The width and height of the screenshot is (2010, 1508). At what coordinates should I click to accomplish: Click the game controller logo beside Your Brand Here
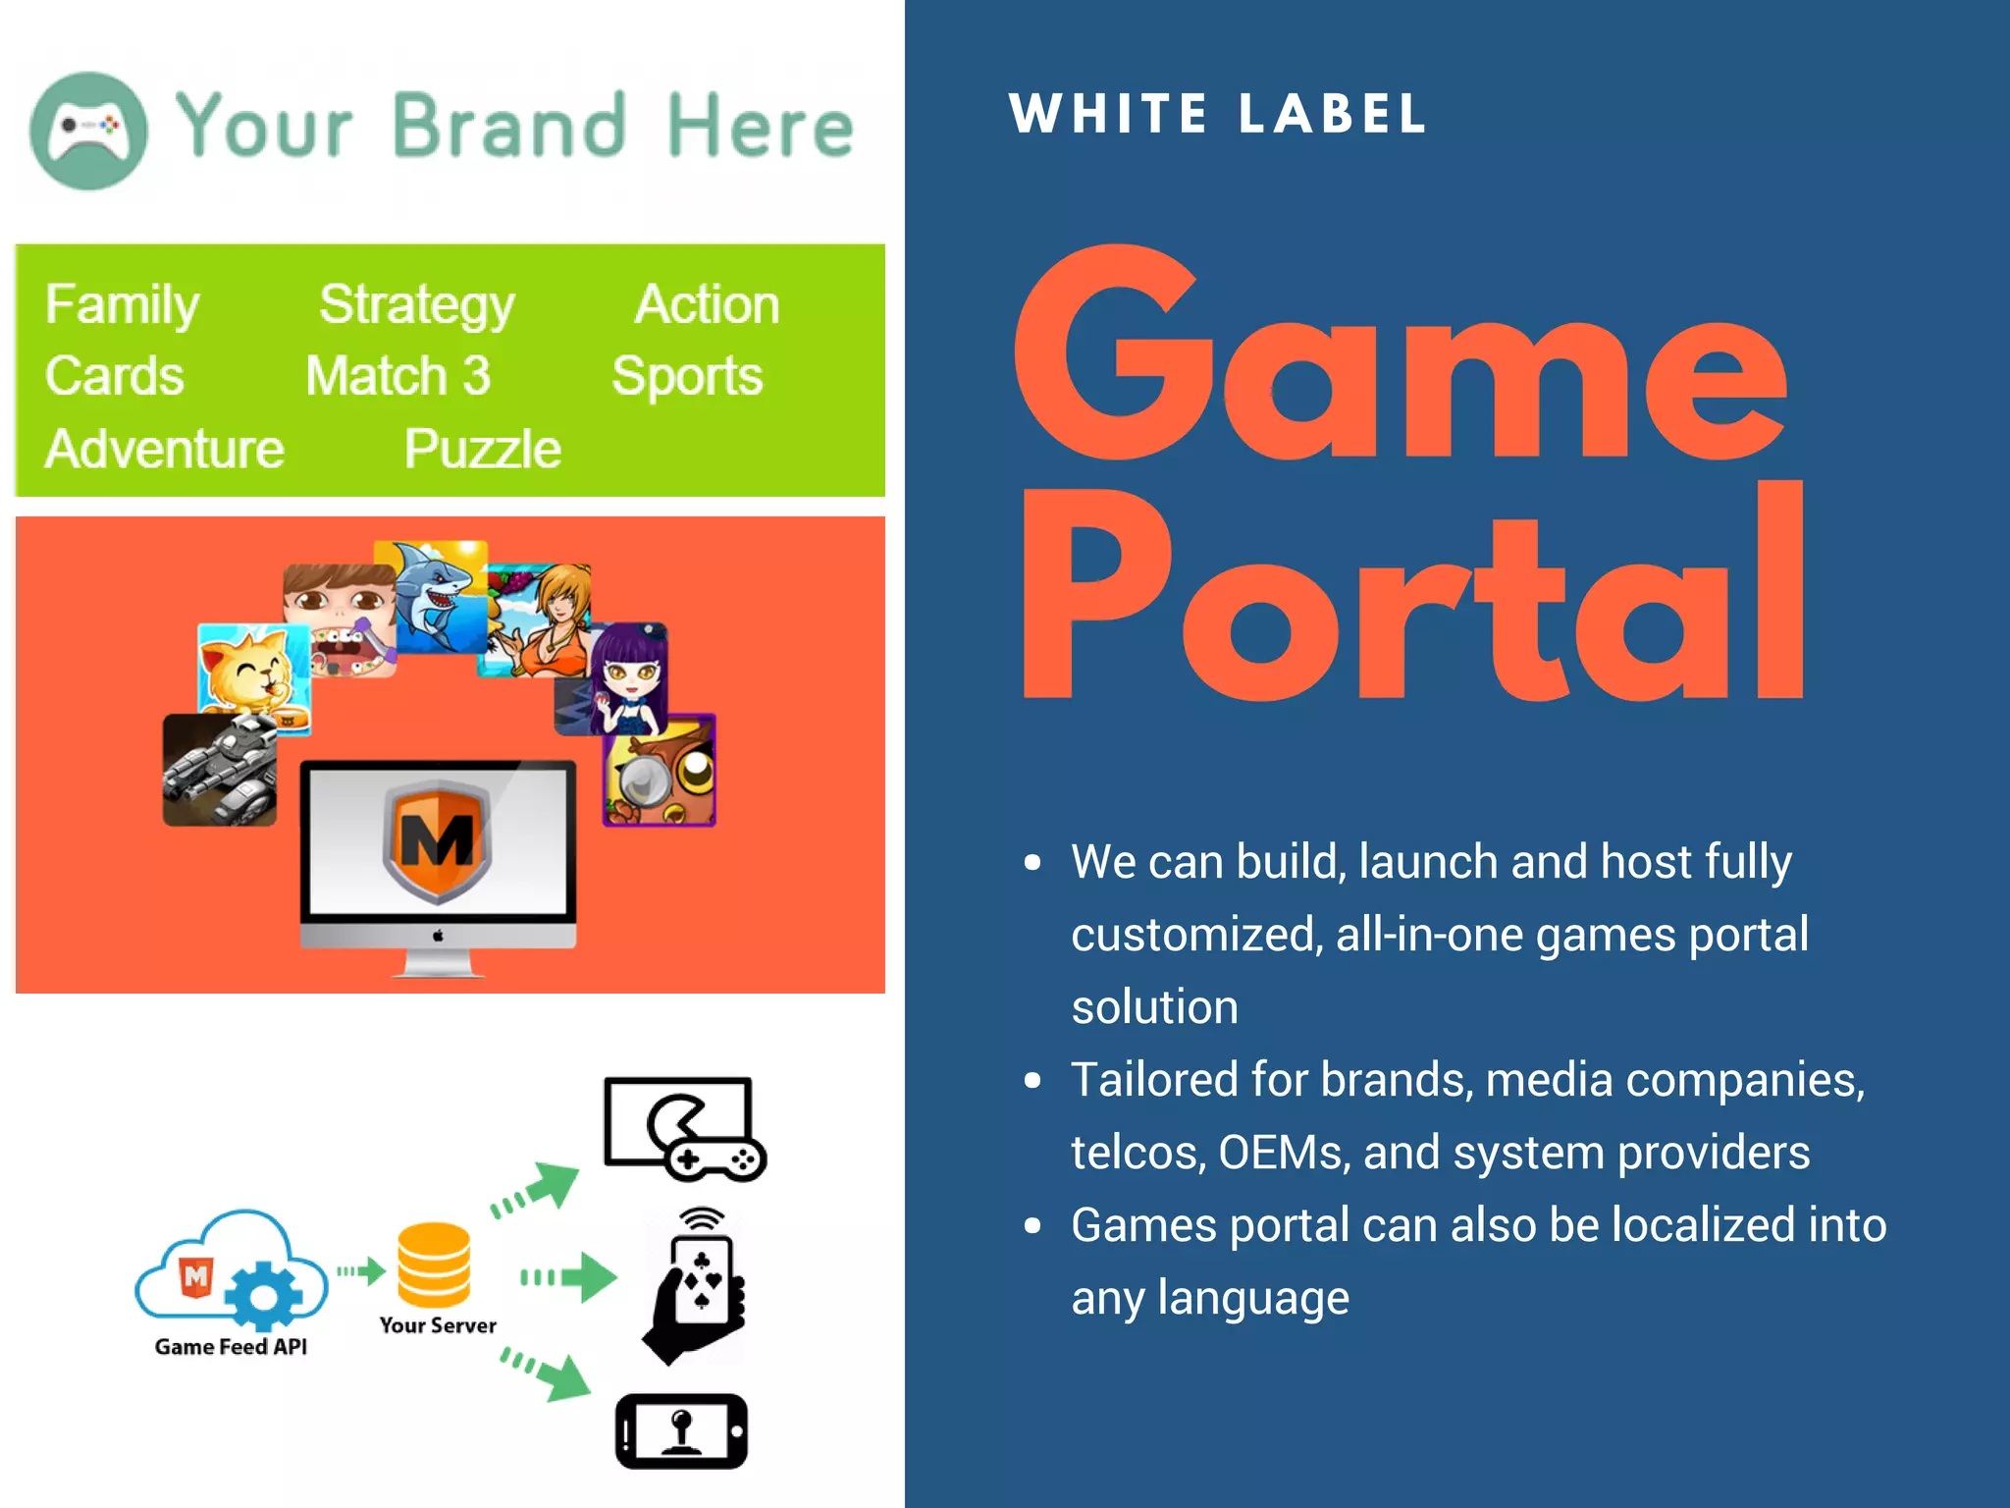[x=89, y=131]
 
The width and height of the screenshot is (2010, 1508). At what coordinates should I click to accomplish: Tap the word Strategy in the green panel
[x=416, y=305]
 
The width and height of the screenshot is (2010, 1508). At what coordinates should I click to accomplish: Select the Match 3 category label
[x=397, y=376]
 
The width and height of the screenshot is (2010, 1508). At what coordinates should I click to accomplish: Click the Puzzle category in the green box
[x=482, y=450]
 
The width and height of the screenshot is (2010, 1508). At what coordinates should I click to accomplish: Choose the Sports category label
[x=687, y=376]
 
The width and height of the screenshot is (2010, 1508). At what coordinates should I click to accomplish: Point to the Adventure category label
[x=165, y=450]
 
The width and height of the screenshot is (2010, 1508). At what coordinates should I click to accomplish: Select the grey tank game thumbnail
[x=219, y=770]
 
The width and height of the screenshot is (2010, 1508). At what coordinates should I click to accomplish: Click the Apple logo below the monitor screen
[x=438, y=935]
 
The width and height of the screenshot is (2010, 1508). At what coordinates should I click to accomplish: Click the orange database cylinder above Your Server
[x=434, y=1266]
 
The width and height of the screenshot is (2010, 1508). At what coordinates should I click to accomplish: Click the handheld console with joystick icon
[x=681, y=1430]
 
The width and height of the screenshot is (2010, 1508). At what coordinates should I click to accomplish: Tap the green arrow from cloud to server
[x=362, y=1271]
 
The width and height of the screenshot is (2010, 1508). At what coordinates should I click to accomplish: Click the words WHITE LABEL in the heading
[x=1217, y=114]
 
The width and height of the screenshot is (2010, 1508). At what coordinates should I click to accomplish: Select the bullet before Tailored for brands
[x=1031, y=1081]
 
